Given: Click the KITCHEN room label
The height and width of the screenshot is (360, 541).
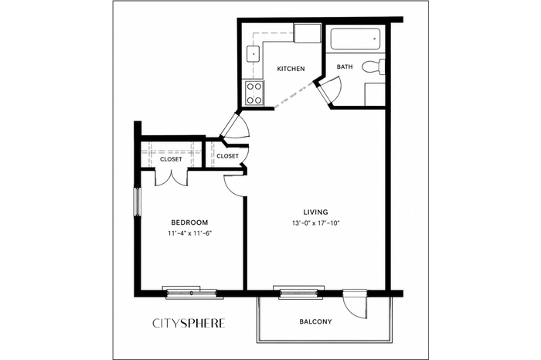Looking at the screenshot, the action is pos(291,69).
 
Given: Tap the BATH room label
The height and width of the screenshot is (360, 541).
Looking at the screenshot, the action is pos(345,66).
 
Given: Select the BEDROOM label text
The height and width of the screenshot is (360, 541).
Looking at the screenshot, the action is pos(189,222).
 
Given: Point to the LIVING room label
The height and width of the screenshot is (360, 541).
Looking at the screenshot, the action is pos(315,212).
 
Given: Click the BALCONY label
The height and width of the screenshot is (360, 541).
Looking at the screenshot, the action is pos(315,321).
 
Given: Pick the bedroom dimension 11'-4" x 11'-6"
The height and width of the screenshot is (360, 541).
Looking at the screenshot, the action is pos(189,233).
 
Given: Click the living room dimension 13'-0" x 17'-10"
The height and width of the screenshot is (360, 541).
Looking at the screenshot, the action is pos(315,222).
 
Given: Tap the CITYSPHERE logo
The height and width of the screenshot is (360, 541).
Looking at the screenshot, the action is pos(189,323).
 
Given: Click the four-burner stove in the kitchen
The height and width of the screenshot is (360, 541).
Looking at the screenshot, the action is pos(254,93).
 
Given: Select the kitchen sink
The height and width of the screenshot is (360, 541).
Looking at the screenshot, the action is pos(253,54).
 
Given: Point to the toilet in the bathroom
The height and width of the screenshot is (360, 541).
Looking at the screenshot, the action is pos(373,66).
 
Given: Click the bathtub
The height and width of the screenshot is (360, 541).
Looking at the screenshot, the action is pos(356,39).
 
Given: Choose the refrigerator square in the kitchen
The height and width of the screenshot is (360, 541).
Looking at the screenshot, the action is pos(307,33).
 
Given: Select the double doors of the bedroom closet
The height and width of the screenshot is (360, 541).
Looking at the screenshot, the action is pos(171,178).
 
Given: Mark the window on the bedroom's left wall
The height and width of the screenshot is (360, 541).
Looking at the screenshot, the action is pos(138,202).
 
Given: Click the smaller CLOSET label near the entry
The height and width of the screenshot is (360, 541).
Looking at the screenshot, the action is pos(227,156).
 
